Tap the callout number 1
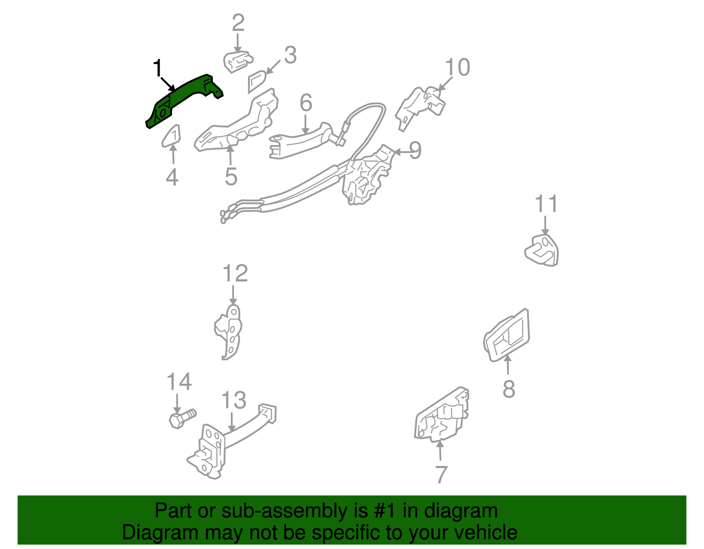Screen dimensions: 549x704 tap(158, 69)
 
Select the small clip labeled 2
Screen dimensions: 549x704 tap(238, 62)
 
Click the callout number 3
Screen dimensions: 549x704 tap(290, 55)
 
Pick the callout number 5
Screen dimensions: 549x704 tap(231, 176)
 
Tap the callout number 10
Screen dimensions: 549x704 tap(458, 67)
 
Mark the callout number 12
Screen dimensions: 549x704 tap(235, 273)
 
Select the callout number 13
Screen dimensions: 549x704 tap(233, 400)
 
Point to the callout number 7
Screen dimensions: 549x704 tap(441, 474)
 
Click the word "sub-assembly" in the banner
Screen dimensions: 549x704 tap(284, 511)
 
